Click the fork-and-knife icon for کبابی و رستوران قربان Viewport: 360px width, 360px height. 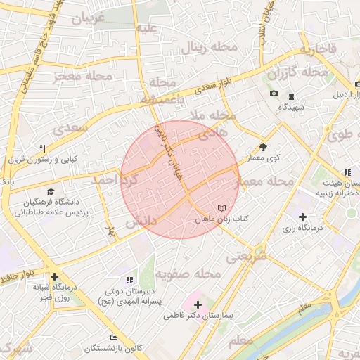pyautogui.click(x=42, y=148)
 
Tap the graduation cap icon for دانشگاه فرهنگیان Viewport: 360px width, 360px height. pyautogui.click(x=50, y=191)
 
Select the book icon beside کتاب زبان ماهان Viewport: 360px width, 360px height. pyautogui.click(x=222, y=209)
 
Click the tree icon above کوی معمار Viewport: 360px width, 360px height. pyautogui.click(x=264, y=147)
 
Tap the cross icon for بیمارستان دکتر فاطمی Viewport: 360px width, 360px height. pyautogui.click(x=197, y=305)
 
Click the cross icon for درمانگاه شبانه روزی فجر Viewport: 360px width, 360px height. pyautogui.click(x=54, y=276)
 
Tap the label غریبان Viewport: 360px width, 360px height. pyautogui.click(x=103, y=18)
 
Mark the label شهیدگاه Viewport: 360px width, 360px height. pyautogui.click(x=290, y=106)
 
